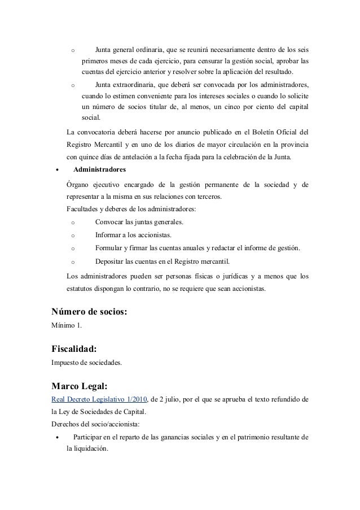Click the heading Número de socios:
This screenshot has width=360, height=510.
coord(89,310)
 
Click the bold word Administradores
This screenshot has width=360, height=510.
coord(100,169)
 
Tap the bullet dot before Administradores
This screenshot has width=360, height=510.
coord(55,170)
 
